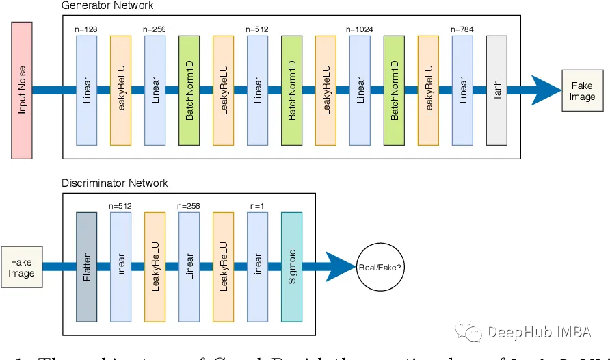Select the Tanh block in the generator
point(496,90)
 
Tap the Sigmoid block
point(291,267)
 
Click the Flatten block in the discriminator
point(86,267)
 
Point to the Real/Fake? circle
point(380,267)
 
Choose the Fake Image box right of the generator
point(582,90)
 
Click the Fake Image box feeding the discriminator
point(21,268)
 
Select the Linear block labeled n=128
point(86,90)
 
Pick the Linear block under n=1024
point(360,90)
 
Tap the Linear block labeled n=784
point(462,90)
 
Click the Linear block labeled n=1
point(257,267)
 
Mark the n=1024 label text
point(360,29)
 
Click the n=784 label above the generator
point(462,29)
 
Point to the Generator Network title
point(107,5)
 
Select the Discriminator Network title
point(114,183)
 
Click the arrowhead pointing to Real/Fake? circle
point(340,267)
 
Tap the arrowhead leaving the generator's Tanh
point(544,90)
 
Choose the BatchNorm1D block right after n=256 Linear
point(189,90)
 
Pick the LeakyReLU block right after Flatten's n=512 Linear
point(155,267)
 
